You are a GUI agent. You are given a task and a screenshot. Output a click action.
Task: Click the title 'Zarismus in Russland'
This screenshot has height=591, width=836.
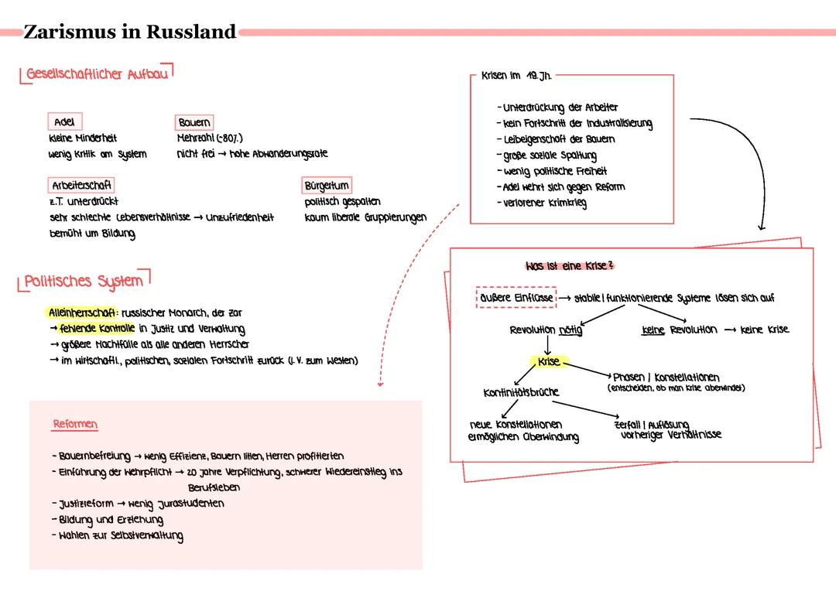129,32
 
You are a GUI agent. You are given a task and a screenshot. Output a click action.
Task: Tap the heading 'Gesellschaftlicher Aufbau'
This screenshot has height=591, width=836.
97,74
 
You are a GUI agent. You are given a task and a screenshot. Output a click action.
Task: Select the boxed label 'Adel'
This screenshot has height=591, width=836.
64,122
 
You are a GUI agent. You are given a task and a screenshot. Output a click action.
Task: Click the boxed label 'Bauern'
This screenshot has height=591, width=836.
194,122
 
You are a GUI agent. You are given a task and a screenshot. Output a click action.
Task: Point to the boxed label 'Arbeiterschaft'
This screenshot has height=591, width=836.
81,186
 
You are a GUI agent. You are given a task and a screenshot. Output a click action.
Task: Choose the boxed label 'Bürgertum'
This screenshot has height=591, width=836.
327,186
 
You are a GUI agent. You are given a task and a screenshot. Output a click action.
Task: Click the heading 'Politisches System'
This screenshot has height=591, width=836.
84,281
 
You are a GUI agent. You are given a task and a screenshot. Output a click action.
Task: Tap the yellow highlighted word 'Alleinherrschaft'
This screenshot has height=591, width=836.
81,313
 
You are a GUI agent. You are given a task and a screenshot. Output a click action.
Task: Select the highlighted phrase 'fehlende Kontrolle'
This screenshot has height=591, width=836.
98,329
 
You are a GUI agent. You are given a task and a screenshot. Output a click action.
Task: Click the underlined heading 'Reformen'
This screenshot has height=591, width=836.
75,425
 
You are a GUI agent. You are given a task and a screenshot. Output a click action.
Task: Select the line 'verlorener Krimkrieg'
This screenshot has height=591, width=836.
545,203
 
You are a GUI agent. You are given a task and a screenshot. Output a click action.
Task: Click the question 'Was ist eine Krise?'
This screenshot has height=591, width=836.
570,266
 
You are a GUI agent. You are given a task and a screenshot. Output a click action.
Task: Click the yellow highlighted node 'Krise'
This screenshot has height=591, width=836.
549,361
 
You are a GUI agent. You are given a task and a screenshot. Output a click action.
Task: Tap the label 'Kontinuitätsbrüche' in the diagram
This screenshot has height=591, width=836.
520,392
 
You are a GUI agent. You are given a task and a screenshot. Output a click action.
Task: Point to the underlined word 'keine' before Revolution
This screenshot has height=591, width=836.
654,330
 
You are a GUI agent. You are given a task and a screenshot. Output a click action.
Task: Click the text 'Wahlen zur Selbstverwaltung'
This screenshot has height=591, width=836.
121,535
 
